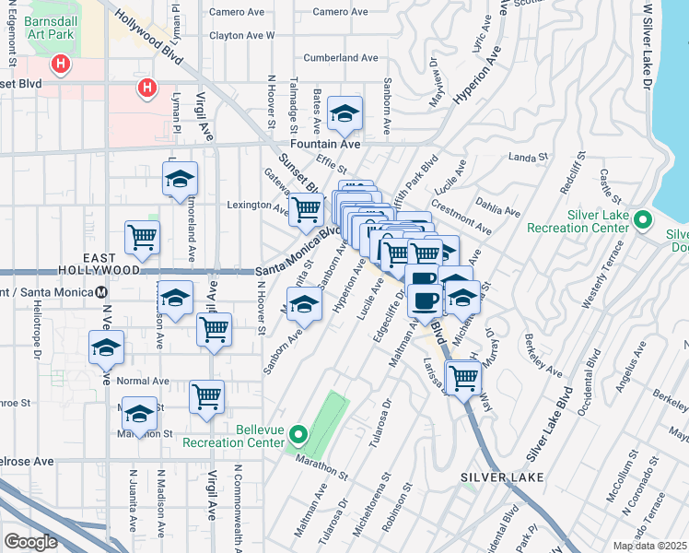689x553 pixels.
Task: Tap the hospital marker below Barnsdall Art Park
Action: (61, 65)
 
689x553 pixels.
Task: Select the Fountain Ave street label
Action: (321, 145)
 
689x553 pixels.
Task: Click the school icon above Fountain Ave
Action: (345, 113)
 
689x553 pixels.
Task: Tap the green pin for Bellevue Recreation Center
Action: (298, 433)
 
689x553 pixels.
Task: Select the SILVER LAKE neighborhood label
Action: (502, 477)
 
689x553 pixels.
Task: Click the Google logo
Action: (30, 542)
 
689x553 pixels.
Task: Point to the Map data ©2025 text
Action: (649, 546)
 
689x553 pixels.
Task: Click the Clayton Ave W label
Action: (241, 35)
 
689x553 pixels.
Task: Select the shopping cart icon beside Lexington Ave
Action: (306, 209)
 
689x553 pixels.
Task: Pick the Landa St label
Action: (528, 158)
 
